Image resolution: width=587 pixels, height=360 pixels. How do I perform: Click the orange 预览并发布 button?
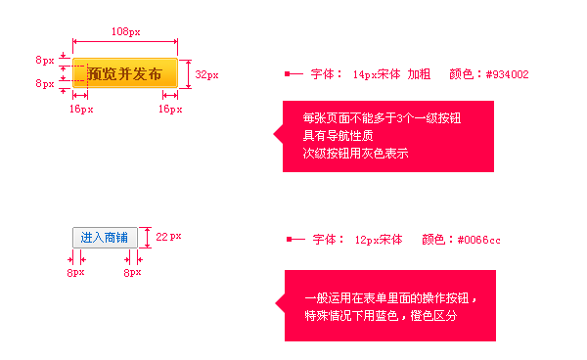coord(124,73)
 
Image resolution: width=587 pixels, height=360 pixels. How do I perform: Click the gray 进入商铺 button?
coord(105,237)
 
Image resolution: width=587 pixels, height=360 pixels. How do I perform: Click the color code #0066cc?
coord(478,240)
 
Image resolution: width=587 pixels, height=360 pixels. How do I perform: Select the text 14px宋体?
coord(376,73)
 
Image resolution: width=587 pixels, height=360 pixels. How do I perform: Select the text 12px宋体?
coord(378,240)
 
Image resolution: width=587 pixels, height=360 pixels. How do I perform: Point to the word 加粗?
coord(419,73)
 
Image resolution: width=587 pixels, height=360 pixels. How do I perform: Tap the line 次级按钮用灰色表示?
coord(355,154)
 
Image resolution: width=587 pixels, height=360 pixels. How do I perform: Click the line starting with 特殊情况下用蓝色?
coord(380,316)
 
